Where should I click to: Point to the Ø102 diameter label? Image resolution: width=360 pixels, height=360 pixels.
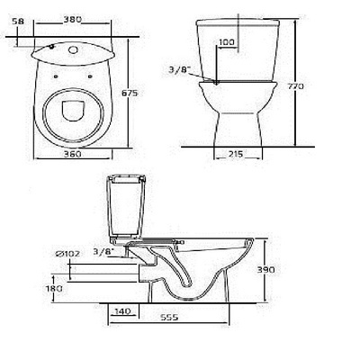[x=67, y=255]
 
